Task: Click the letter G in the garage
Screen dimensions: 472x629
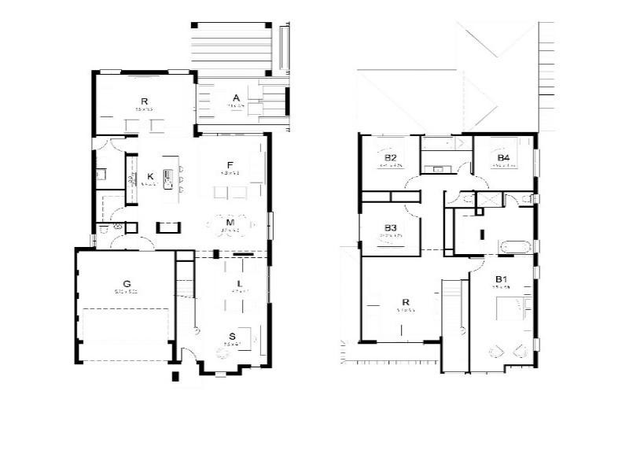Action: (126, 283)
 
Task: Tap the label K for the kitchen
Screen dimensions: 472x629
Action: (150, 176)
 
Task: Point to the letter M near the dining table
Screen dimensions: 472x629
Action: (230, 223)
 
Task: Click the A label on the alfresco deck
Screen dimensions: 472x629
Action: (236, 98)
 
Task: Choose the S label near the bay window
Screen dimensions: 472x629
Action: (233, 336)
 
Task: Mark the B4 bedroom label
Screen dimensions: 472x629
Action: (503, 158)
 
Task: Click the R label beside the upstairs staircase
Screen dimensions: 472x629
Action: (406, 301)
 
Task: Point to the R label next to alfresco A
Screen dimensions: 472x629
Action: (145, 101)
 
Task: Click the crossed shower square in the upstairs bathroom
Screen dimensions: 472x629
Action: (488, 200)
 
